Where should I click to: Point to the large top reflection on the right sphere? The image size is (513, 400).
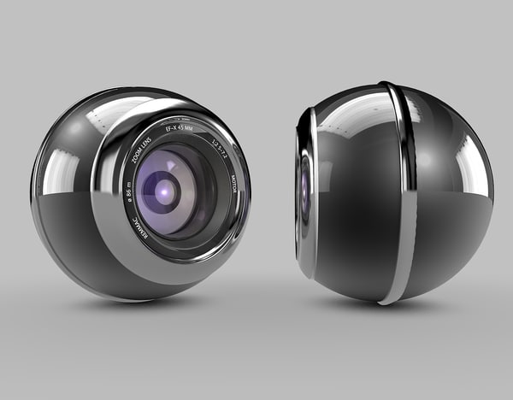(x=351, y=111)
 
